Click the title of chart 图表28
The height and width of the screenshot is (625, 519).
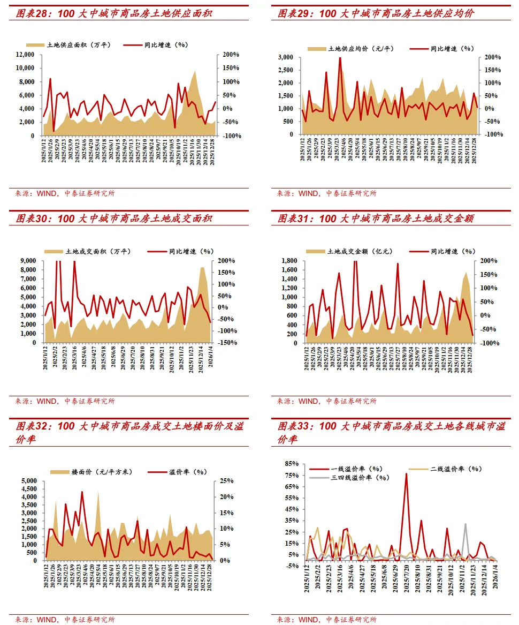tap(114, 13)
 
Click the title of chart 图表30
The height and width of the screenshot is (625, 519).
tap(114, 219)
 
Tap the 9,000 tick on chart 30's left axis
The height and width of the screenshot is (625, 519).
tap(28, 261)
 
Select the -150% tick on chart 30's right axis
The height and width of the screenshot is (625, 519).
tap(228, 342)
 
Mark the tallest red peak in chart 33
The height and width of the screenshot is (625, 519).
tap(406, 473)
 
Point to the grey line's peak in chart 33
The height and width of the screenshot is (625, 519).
tap(465, 524)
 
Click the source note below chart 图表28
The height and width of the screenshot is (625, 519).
tap(65, 193)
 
